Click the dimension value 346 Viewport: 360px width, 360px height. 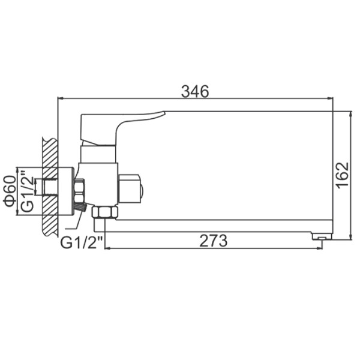click(x=195, y=91)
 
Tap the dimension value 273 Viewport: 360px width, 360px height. click(x=213, y=241)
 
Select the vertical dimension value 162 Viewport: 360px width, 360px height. click(x=343, y=176)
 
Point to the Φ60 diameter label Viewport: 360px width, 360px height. click(x=10, y=191)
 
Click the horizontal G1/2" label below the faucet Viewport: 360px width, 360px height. click(x=82, y=242)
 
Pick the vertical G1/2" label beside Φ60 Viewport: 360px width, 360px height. click(x=27, y=191)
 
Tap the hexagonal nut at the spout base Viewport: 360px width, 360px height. click(x=104, y=212)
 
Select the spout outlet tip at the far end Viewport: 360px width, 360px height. click(x=322, y=236)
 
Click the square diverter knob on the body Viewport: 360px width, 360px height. click(x=130, y=188)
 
